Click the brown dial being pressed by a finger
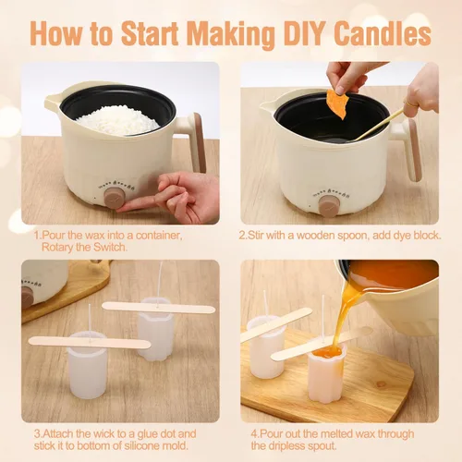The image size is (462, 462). click(115, 198)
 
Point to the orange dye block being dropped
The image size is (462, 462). click(337, 104)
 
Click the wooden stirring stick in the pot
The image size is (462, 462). click(379, 125)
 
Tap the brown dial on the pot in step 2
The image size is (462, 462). click(329, 206)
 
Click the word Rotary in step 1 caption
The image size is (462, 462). click(57, 247)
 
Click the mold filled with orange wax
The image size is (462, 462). click(327, 372)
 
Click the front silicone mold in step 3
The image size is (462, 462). click(87, 365)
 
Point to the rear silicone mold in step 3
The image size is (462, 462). click(156, 329)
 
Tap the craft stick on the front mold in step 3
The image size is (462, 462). click(90, 343)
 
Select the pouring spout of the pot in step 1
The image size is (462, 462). click(53, 99)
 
